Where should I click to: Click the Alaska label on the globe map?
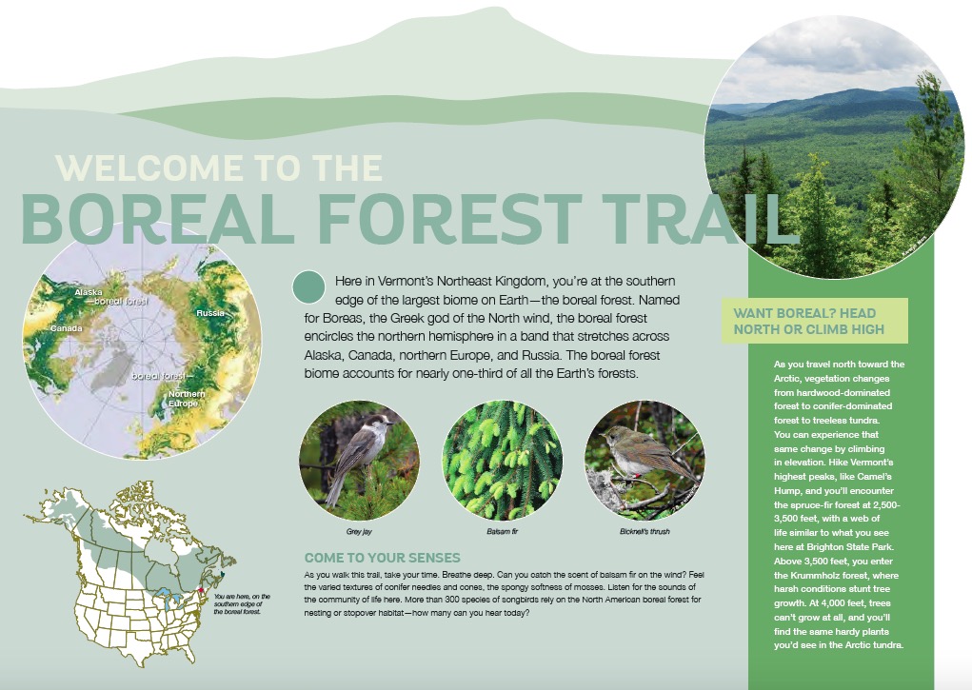point(88,292)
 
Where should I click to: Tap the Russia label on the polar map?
point(209,313)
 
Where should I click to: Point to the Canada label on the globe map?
point(67,328)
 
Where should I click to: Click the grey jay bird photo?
point(360,461)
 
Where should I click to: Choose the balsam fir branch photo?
point(502,461)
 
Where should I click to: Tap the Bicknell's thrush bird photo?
point(645,461)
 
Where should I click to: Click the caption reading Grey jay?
point(359,532)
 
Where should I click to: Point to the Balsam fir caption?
point(502,532)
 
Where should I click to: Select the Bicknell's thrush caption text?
point(645,532)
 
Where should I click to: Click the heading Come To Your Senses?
point(383,558)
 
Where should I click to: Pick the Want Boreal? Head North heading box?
point(815,321)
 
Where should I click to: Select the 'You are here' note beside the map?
point(242,603)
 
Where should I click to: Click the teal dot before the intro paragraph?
point(308,287)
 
